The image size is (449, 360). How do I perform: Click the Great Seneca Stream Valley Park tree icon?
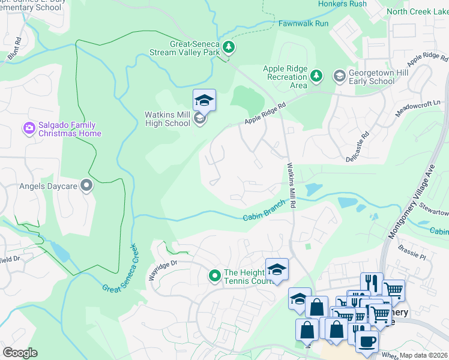point(228,47)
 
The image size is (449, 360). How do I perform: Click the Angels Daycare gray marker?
point(87,186)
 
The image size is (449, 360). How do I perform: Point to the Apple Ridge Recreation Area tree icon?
point(316,76)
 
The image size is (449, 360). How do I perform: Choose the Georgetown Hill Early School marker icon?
point(339,76)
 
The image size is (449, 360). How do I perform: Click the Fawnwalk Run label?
point(303,23)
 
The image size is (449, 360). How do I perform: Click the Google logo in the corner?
point(20,353)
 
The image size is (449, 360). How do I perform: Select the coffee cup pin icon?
point(367,340)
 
